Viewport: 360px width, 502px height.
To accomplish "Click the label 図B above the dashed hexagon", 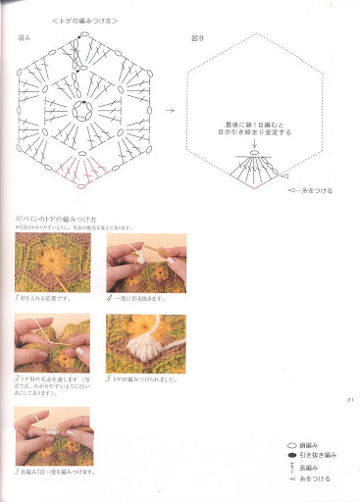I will click(197, 37).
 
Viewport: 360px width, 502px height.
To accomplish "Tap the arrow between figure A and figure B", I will click(169, 111).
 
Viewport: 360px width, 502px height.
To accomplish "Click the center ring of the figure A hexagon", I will click(87, 111).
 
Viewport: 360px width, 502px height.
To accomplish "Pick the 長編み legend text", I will click(310, 467).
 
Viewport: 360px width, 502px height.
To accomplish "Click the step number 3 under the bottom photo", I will click(18, 472).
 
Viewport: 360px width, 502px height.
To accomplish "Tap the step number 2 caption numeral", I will click(18, 376).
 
